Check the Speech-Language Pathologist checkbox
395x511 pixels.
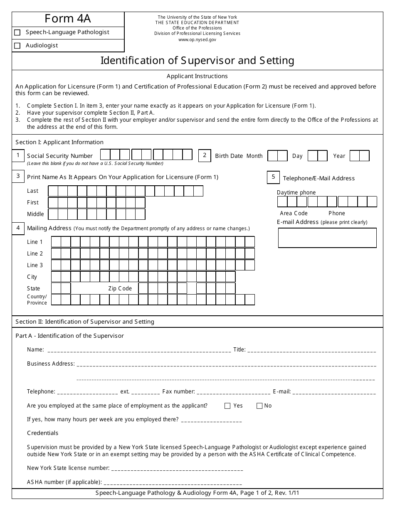tap(17, 32)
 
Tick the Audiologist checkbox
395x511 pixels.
tap(17, 46)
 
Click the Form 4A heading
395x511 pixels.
tap(68, 19)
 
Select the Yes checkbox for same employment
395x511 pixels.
tap(227, 406)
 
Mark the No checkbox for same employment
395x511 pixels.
tap(259, 406)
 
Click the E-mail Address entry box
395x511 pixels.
tap(327, 238)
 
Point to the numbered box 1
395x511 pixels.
tap(18, 156)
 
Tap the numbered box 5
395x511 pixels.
tap(273, 177)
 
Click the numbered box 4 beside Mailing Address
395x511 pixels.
tap(18, 228)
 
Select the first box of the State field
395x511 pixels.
tap(56, 288)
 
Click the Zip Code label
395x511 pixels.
tap(120, 288)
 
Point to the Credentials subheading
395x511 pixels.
tap(43, 433)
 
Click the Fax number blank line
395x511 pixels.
tap(233, 392)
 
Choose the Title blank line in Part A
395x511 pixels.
tap(311, 350)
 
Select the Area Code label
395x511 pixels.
tap(294, 213)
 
